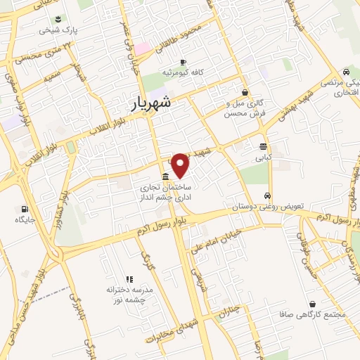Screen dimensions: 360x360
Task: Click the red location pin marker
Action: pos(181,165)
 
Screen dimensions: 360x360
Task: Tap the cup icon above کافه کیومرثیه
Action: pos(184,61)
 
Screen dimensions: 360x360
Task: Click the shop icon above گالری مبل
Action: pos(245,92)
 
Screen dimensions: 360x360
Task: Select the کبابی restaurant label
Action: pos(264,160)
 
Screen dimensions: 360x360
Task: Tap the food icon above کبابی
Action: pos(263,147)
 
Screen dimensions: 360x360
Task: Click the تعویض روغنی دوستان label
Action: pos(269,207)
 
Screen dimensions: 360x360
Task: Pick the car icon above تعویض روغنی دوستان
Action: pos(268,195)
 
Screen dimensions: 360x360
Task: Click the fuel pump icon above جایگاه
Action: pos(25,209)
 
